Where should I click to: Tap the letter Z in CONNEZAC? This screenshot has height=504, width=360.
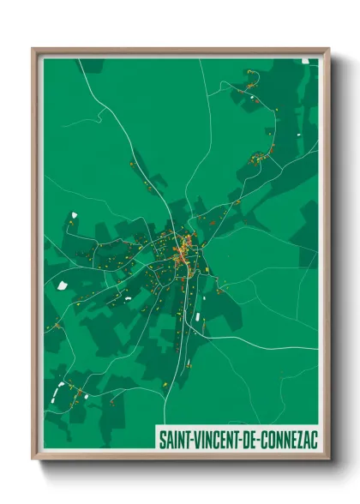300,440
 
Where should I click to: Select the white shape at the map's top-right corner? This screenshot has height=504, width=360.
307,62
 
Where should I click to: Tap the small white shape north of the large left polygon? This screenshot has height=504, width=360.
74,215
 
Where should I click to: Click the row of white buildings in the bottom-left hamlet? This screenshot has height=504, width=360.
58,393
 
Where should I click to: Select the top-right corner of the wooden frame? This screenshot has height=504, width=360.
328,50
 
